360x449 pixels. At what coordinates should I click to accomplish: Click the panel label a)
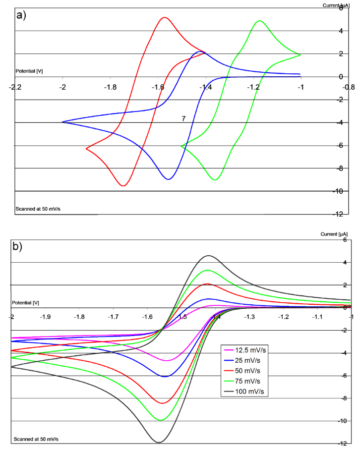point(21,14)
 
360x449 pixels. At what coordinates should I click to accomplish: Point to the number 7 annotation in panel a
point(183,119)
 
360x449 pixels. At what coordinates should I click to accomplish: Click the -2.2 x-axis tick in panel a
point(15,87)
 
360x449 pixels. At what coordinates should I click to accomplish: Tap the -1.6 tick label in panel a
point(158,87)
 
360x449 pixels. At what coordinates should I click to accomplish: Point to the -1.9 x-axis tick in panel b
point(45,316)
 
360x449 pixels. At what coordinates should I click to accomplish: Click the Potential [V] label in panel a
point(29,71)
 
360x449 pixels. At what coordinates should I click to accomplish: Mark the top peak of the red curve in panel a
point(164,18)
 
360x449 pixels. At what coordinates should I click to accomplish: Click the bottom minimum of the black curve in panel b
point(159,442)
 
